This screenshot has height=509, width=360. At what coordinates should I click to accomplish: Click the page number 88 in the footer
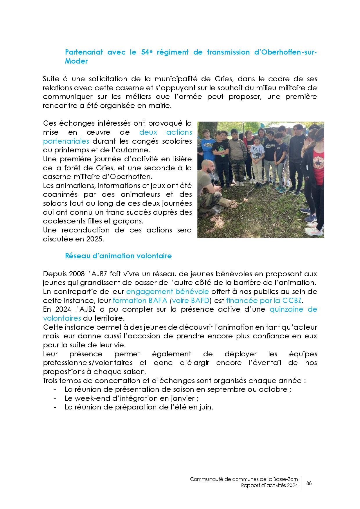(309, 483)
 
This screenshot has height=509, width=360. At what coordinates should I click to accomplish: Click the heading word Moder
(76, 62)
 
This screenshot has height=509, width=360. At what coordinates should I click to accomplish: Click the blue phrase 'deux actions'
(166, 132)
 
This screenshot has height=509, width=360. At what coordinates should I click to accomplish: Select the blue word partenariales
(66, 141)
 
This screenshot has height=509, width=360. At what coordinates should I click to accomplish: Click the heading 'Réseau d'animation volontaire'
(118, 256)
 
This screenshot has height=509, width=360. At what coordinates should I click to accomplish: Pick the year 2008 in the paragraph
(76, 274)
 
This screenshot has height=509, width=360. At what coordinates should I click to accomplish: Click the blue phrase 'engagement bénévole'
(168, 291)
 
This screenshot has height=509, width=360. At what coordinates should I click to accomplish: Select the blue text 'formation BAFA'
(140, 300)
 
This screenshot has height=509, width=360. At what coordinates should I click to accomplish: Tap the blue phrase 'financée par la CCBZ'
(264, 300)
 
